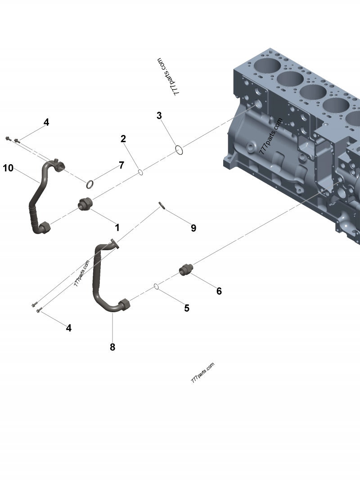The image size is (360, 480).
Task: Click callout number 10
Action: click(x=8, y=168)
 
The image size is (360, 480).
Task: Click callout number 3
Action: click(x=159, y=116)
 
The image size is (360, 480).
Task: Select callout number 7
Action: click(x=121, y=166)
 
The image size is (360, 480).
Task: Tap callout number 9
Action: click(x=193, y=228)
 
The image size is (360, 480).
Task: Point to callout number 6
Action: click(x=219, y=291)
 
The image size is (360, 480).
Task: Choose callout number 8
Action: click(x=112, y=347)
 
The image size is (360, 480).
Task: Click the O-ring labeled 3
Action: click(x=179, y=150)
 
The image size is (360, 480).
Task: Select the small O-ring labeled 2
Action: click(x=140, y=172)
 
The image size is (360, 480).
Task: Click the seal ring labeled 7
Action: click(x=90, y=184)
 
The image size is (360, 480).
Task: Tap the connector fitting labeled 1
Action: click(x=85, y=204)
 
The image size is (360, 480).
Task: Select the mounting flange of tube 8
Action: click(x=114, y=245)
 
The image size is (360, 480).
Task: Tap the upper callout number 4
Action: click(x=46, y=122)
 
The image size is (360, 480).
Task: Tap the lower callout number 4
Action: click(x=68, y=328)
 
